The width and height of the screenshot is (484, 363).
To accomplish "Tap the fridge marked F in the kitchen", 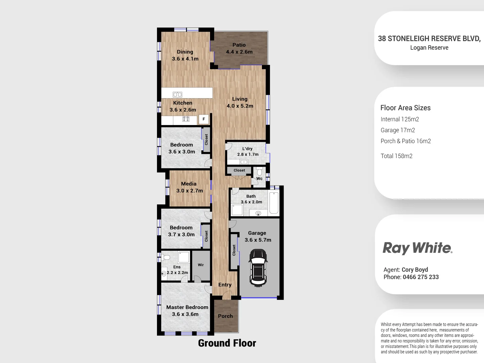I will point(203,119).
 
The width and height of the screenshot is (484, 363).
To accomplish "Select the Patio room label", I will point(239,45).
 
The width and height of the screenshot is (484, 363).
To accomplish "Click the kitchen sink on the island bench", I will point(177,94).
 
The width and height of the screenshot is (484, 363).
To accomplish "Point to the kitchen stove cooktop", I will point(186,119).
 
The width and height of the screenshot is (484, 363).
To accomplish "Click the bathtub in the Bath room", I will point(274,203).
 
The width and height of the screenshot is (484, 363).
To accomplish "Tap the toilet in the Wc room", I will point(259,171).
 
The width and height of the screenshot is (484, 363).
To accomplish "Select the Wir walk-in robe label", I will point(201,265).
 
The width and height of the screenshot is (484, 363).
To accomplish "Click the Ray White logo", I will point(417,248).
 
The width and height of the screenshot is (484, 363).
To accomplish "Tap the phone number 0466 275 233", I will point(420,277).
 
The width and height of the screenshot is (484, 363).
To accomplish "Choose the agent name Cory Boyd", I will point(415,270).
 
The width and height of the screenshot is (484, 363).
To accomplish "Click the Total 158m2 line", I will point(396,156).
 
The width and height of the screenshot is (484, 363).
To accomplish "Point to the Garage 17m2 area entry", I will point(398,130).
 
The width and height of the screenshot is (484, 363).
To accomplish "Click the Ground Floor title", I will point(227,343).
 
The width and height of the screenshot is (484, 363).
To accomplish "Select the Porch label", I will point(225,316).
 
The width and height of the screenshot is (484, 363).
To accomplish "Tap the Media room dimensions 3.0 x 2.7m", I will point(190,191).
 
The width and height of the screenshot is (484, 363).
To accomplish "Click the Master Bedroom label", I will point(187,307).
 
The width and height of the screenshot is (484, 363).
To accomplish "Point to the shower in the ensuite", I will point(184,257).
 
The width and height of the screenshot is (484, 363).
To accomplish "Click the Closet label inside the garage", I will point(234,250).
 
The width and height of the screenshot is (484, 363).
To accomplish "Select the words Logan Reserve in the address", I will point(429,48).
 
